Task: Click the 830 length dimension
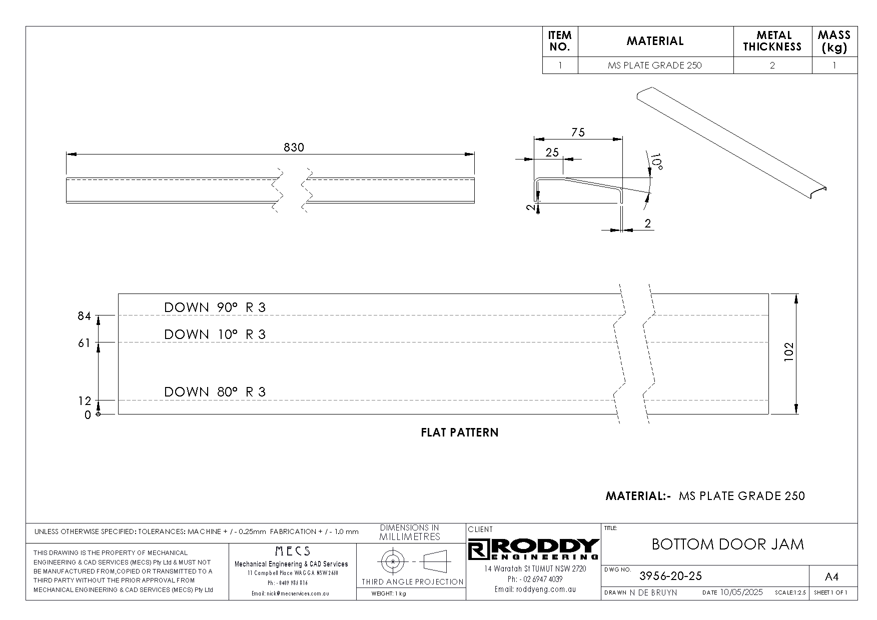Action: point(294,147)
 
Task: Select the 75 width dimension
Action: point(578,132)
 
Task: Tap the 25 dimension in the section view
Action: point(552,152)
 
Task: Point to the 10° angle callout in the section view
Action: point(656,162)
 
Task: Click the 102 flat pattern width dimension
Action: point(789,352)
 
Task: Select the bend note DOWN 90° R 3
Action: point(215,307)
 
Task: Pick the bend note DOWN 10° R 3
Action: point(215,334)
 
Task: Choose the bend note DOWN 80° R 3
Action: point(215,392)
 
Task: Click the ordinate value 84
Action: point(85,316)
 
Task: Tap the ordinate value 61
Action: point(85,343)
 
